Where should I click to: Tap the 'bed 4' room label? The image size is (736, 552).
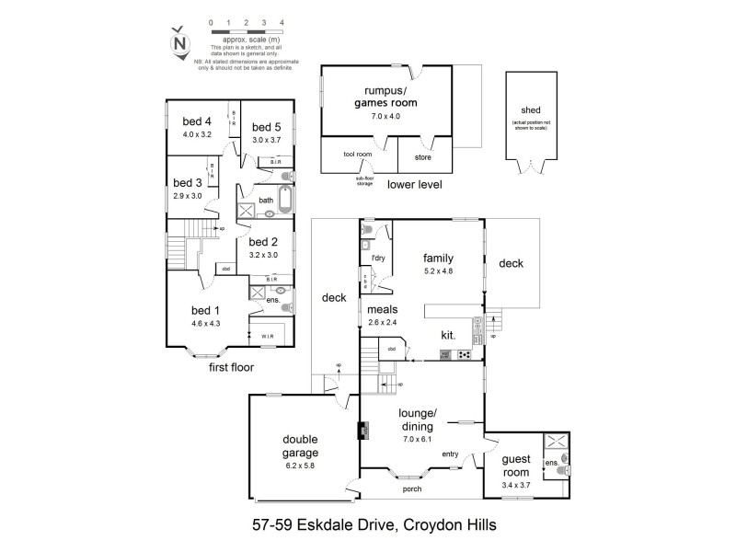click(x=197, y=121)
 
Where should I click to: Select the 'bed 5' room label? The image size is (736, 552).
click(x=266, y=127)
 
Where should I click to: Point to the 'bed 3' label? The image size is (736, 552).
click(x=187, y=183)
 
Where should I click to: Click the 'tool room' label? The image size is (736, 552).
click(x=357, y=155)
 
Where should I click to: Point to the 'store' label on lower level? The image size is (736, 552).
click(x=422, y=157)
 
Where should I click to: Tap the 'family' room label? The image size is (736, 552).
click(x=440, y=258)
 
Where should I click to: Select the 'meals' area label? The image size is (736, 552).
click(x=384, y=309)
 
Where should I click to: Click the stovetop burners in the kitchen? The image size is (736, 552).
click(x=466, y=354)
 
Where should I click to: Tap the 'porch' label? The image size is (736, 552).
click(x=412, y=489)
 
